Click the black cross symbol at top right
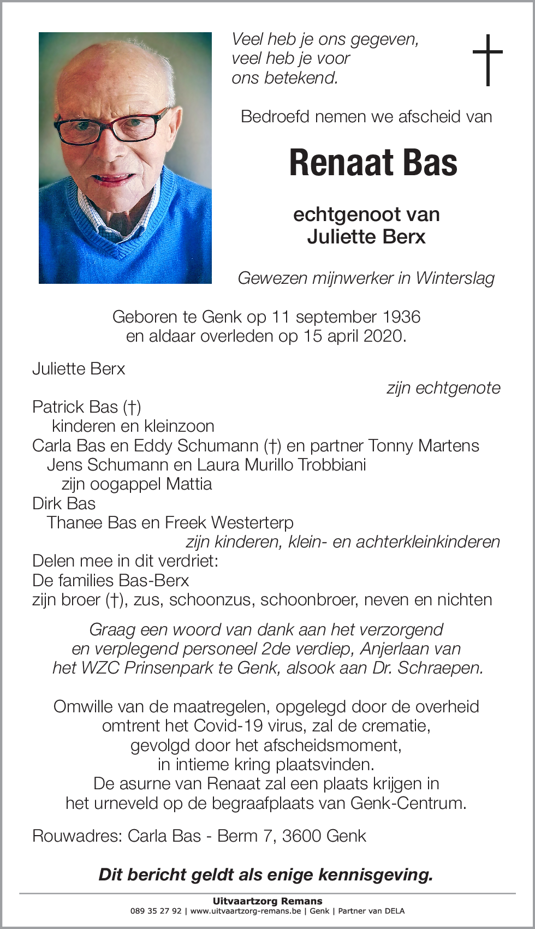point(488,59)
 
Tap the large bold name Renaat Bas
point(373,163)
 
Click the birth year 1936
point(401,317)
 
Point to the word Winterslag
point(455,278)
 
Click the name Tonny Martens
point(424,445)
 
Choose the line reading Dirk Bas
point(64,503)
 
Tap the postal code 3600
point(305,836)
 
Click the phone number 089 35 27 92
point(156,910)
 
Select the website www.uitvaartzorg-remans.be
point(246,910)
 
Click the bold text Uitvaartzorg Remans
point(267,901)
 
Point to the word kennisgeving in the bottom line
point(375,874)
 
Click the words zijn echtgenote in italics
point(443,388)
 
